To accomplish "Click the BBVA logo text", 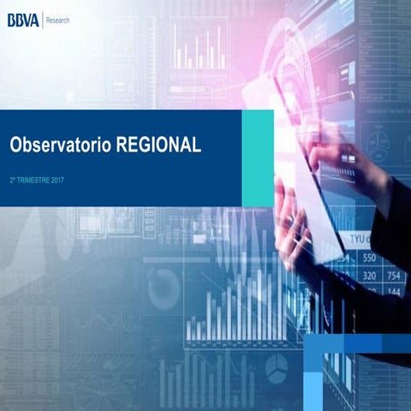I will point(22,19).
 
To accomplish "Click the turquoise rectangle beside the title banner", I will point(258,158).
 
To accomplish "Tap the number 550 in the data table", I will point(370,258).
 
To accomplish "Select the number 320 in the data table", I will point(370,276).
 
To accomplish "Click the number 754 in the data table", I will point(396,276).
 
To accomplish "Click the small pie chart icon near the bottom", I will point(276,367).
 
